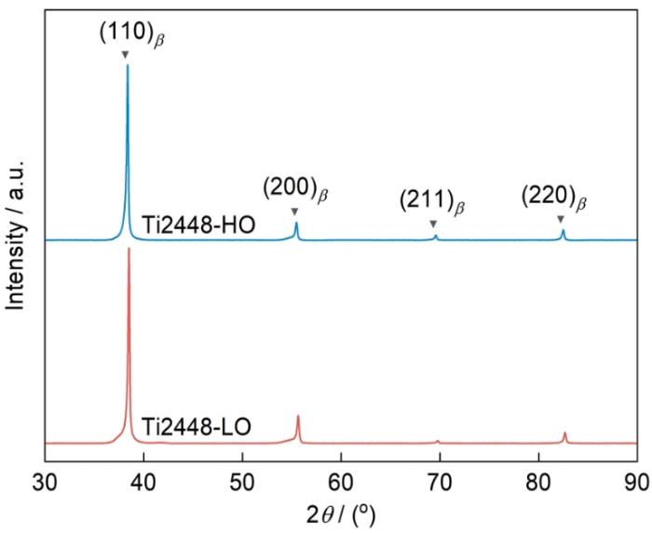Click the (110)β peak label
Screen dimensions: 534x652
[x=137, y=34]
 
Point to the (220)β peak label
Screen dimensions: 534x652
[x=559, y=199]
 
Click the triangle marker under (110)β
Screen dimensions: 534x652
[x=126, y=55]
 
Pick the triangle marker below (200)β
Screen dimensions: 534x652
[x=294, y=212]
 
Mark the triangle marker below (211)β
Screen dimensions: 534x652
[x=433, y=224]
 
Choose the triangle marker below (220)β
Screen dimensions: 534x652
[x=561, y=219]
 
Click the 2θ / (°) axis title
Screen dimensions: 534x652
[x=341, y=513]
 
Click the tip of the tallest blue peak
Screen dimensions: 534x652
[x=128, y=65]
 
